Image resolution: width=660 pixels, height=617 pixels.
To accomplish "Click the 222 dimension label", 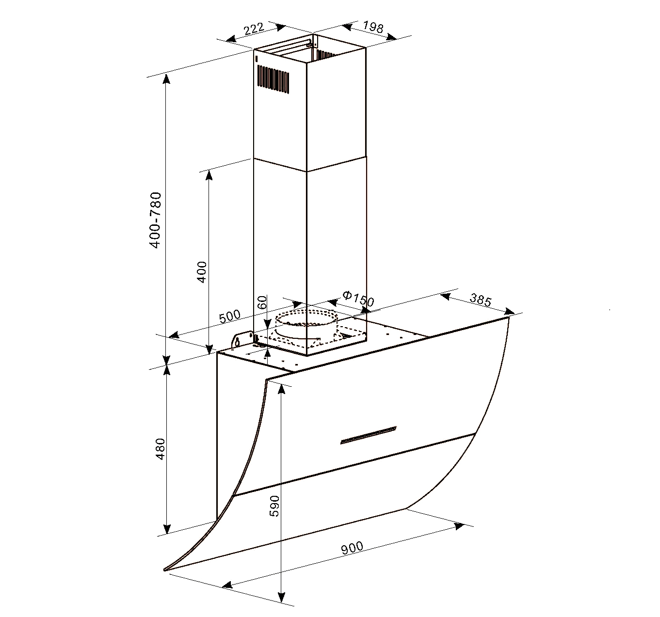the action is (254, 29).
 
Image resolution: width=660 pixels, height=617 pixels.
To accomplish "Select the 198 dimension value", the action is (373, 27).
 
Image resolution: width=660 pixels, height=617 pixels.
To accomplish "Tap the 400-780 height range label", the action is (156, 220).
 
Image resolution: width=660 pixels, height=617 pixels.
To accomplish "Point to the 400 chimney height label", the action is (202, 272).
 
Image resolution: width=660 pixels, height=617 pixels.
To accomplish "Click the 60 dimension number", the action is (262, 302).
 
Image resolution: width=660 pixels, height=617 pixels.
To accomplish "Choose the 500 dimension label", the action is (230, 316).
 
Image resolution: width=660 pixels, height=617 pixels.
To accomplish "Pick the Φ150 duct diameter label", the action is (358, 298).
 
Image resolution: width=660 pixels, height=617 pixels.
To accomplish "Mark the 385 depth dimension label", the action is (480, 300).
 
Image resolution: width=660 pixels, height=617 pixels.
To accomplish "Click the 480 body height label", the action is (161, 449).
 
